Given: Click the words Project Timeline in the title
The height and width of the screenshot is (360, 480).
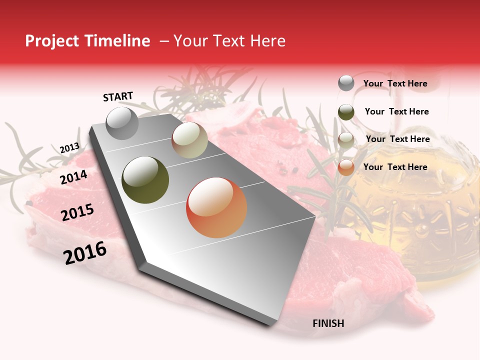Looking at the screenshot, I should pos(87,41).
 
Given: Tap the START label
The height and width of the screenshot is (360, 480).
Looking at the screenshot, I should pos(118,96).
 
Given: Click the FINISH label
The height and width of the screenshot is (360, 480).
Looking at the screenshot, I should pos(328,323).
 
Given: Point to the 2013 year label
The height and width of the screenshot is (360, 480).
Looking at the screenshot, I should pos(69,147).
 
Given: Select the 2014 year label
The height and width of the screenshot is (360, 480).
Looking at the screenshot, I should pos(73,177).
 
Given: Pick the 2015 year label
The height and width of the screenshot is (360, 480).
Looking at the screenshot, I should pos(77,212).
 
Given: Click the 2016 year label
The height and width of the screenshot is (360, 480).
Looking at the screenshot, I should pos(85,252).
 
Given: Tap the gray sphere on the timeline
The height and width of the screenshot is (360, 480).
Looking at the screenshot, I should pos(122,123).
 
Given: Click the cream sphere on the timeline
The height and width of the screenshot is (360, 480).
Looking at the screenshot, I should pos(189,140).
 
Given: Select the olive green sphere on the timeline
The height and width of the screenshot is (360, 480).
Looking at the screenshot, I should pos(145,179).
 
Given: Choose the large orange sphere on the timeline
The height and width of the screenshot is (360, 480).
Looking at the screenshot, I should pos(216,207).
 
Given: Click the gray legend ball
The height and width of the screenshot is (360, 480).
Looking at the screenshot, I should pos(346,83).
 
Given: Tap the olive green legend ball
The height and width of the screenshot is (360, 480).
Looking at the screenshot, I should pos(346,112).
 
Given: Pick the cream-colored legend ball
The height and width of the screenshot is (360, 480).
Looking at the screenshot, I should pos(346,140).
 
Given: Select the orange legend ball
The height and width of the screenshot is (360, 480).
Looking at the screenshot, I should pos(346,167).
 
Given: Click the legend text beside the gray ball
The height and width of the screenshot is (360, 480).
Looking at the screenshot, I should pos(395,83).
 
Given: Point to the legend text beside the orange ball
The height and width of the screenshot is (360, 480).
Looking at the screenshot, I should pos(395,167).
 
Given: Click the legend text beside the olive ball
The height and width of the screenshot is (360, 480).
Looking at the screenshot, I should pos(396,111).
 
